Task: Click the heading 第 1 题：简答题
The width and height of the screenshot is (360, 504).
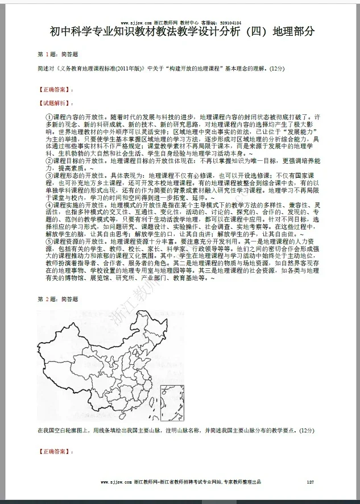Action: (x=58, y=54)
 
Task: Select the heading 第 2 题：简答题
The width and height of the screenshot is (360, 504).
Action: (x=58, y=298)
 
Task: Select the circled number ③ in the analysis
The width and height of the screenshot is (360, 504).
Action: (x=49, y=176)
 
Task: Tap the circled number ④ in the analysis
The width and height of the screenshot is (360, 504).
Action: (x=49, y=205)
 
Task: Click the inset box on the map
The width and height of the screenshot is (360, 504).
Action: (x=171, y=399)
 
